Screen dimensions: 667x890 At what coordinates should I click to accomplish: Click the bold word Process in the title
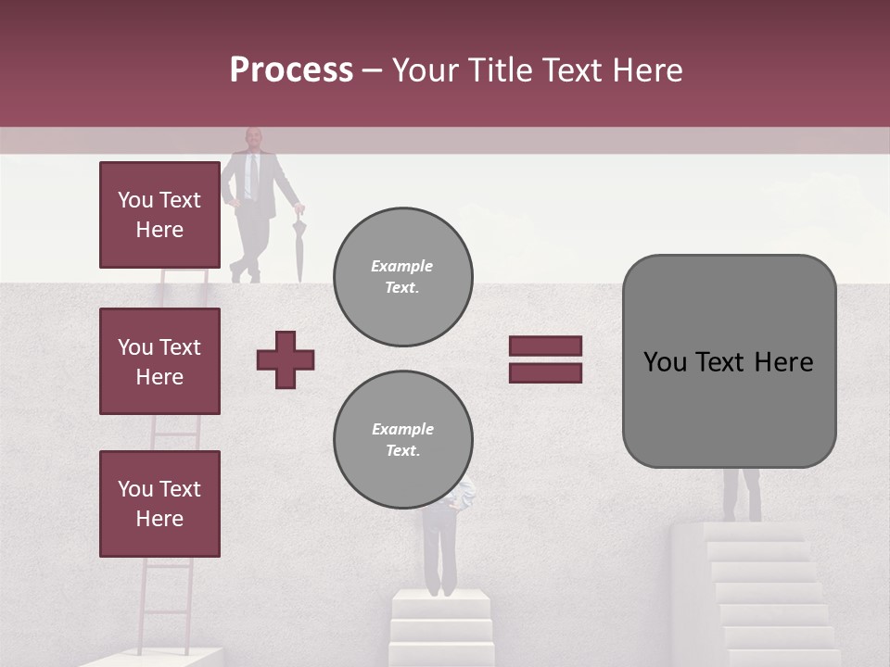coord(291,70)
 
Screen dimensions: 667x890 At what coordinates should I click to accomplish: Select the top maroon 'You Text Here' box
coord(159,215)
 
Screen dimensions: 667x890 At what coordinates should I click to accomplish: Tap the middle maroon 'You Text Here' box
coord(159,361)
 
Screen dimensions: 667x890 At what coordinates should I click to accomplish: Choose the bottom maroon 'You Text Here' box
coord(159,503)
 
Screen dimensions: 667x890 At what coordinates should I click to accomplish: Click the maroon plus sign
coord(286,359)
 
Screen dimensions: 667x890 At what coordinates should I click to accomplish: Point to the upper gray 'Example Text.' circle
coord(402,276)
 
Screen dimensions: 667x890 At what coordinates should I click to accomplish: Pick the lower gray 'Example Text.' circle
coord(402,439)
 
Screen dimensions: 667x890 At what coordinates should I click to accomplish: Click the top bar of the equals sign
coord(545,346)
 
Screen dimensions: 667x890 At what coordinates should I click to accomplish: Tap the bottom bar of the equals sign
coord(545,372)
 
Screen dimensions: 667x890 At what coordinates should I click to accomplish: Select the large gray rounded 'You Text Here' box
coord(729,361)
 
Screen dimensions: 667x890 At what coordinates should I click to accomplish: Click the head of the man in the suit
coord(253,139)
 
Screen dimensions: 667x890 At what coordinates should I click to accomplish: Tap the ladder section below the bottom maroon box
coord(167,602)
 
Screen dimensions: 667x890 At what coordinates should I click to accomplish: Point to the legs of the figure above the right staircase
coord(742,495)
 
